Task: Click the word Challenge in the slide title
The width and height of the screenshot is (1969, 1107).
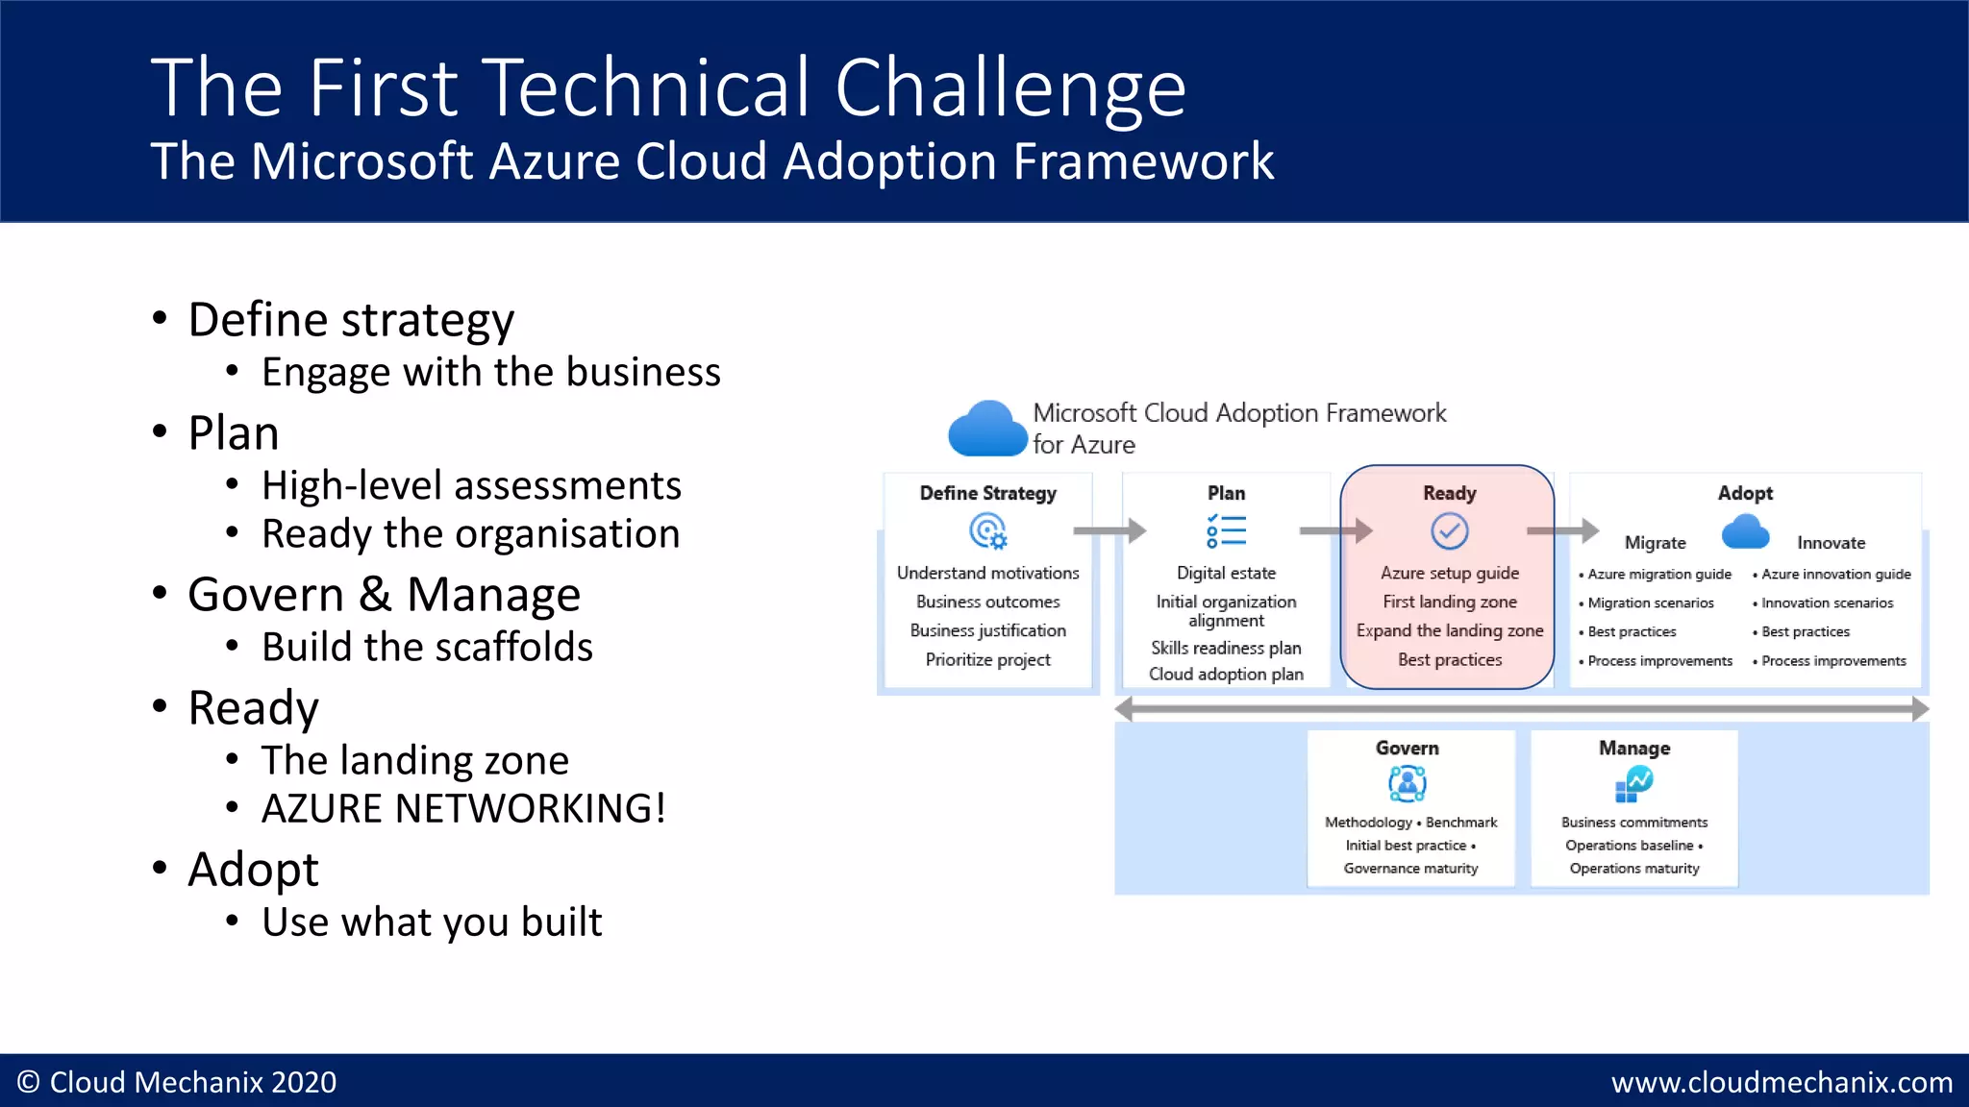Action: click(x=1009, y=88)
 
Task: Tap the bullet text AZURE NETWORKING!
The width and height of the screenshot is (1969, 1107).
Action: click(x=463, y=808)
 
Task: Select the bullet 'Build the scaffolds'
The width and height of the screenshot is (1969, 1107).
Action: click(x=427, y=647)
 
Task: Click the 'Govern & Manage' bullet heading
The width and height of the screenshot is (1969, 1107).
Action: click(x=384, y=594)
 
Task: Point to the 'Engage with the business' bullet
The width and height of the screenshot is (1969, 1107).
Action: click(x=490, y=372)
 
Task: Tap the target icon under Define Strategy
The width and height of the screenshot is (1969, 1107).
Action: click(x=987, y=530)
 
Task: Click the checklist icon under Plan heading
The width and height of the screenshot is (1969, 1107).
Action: click(x=1226, y=530)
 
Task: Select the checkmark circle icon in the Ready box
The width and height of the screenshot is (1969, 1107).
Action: click(x=1449, y=530)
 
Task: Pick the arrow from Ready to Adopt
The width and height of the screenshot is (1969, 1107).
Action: click(x=1562, y=530)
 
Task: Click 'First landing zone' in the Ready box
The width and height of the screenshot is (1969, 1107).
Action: click(x=1449, y=602)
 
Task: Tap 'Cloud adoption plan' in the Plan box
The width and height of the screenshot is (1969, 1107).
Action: click(x=1226, y=674)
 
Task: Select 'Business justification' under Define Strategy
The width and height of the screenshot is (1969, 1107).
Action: click(x=987, y=630)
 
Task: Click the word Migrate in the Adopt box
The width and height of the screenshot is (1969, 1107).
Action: click(x=1655, y=543)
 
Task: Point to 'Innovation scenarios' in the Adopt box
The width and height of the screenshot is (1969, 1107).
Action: click(x=1827, y=603)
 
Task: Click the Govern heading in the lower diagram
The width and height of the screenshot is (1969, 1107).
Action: click(x=1407, y=748)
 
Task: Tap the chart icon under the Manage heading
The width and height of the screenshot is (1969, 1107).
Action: click(x=1633, y=784)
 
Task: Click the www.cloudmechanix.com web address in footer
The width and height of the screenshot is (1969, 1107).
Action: click(x=1782, y=1082)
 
